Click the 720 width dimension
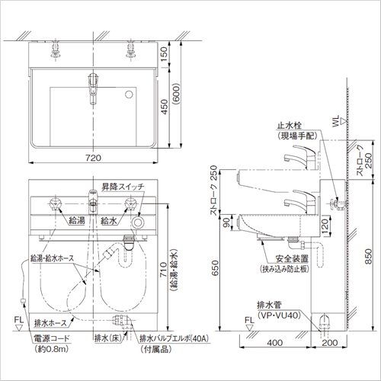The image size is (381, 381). [93, 158]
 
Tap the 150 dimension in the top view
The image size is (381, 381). [164, 54]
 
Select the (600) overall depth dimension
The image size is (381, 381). [176, 93]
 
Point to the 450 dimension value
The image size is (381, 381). [164, 107]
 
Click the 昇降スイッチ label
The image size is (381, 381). [123, 187]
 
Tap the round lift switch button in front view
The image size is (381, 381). [138, 223]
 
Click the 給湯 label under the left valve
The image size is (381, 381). [77, 220]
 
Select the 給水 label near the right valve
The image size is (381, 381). [109, 220]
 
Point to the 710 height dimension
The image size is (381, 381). [163, 270]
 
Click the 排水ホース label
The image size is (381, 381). [50, 323]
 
